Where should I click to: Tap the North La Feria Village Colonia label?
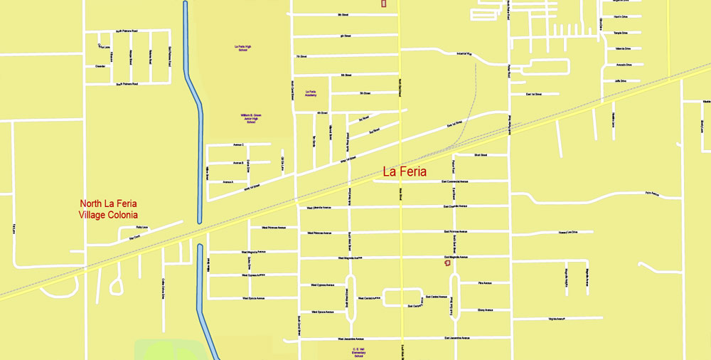point(109,209)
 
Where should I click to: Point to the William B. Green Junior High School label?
point(251,118)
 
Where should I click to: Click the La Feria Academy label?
point(311,93)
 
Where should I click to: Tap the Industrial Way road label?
point(464,53)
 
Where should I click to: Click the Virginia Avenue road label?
point(552,319)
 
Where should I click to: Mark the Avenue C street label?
point(238,144)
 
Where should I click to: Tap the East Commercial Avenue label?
point(454,181)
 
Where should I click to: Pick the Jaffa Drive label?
point(619,81)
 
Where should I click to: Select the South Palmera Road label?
point(127,84)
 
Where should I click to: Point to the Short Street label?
point(481,154)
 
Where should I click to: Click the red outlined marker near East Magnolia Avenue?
point(447,263)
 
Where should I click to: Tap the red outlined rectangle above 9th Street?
point(384,4)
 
